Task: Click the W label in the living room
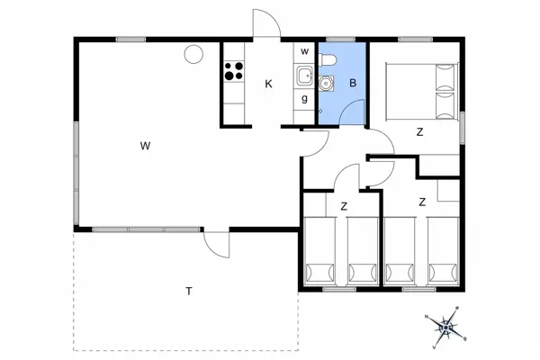pyautogui.click(x=144, y=145)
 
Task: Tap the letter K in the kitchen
pyautogui.click(x=268, y=85)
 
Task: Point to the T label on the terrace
pyautogui.click(x=189, y=291)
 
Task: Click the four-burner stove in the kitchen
pyautogui.click(x=234, y=69)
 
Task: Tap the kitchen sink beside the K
pyautogui.click(x=304, y=77)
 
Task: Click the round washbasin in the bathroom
pyautogui.click(x=328, y=82)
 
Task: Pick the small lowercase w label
pyautogui.click(x=304, y=51)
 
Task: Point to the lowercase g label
pyautogui.click(x=305, y=99)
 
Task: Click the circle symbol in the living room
pyautogui.click(x=193, y=55)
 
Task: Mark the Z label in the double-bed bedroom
pyautogui.click(x=419, y=132)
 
